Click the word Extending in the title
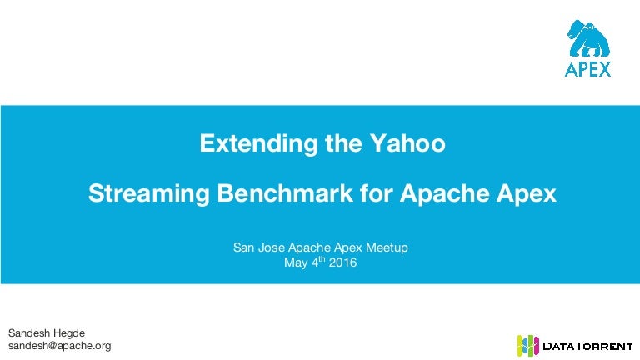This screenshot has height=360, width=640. click(x=258, y=143)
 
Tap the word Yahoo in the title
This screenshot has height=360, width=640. click(x=407, y=143)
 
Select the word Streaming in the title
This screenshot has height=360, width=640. click(x=149, y=193)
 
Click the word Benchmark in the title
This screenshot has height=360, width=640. click(x=285, y=192)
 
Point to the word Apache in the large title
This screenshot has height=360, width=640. click(x=444, y=193)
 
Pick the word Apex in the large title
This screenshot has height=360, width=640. click(x=527, y=194)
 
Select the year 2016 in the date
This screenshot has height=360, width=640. click(x=342, y=262)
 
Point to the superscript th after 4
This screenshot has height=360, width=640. click(x=322, y=259)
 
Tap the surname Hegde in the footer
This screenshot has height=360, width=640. click(x=69, y=333)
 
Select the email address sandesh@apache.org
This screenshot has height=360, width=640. click(x=60, y=346)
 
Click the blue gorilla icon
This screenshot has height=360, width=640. click(x=588, y=38)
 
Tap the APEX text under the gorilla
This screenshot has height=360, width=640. click(x=588, y=69)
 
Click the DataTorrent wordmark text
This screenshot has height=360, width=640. click(x=587, y=347)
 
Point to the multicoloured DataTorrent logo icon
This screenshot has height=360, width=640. click(x=527, y=345)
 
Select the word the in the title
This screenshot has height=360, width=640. click(x=343, y=143)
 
